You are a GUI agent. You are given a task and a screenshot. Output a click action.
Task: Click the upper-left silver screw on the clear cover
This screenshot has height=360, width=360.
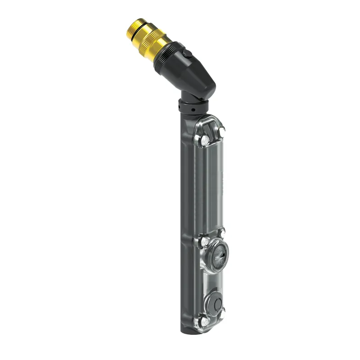coord(205,141)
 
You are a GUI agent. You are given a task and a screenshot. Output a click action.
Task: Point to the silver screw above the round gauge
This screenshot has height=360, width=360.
coord(221,233)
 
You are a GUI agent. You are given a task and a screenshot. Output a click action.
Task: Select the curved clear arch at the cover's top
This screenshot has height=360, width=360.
coord(210,120)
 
